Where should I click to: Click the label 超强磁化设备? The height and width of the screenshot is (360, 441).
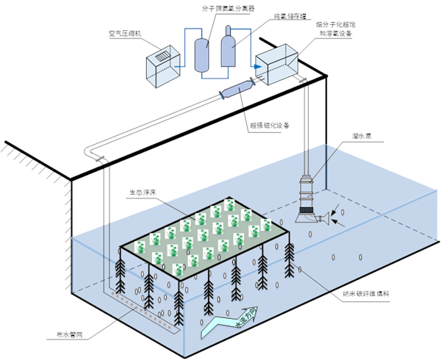(270, 125)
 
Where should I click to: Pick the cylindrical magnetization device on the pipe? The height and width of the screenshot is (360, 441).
(236, 90)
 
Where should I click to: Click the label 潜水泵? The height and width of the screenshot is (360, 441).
(361, 137)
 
